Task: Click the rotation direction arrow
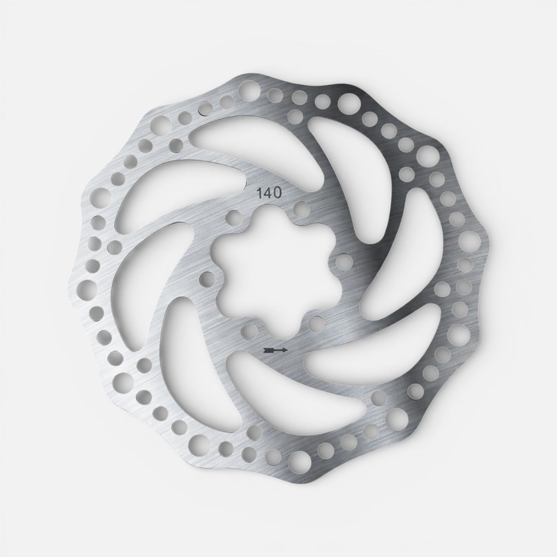click(x=276, y=350)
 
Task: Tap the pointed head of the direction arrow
click(x=285, y=350)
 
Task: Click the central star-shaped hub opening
click(x=271, y=271)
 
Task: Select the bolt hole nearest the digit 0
click(x=301, y=209)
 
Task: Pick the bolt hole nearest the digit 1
click(x=233, y=216)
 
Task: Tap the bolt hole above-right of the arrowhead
click(x=315, y=324)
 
